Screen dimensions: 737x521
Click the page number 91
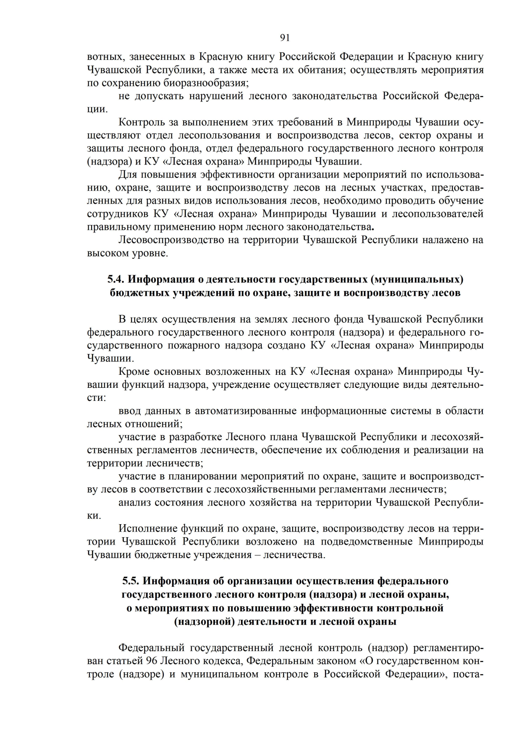pyautogui.click(x=285, y=38)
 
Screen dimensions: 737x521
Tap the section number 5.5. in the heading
pyautogui.click(x=131, y=581)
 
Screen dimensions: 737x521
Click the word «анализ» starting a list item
pyautogui.click(x=133, y=502)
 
